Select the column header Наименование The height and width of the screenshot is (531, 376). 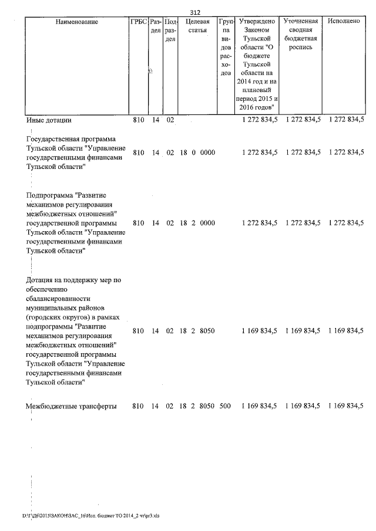click(x=76, y=22)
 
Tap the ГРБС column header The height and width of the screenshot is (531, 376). click(x=138, y=22)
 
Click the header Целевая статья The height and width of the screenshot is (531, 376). click(x=197, y=26)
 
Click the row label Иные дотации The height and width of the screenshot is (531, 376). click(x=49, y=120)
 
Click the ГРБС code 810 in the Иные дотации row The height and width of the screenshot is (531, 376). click(x=139, y=120)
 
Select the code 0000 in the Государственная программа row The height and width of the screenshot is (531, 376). click(x=207, y=153)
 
